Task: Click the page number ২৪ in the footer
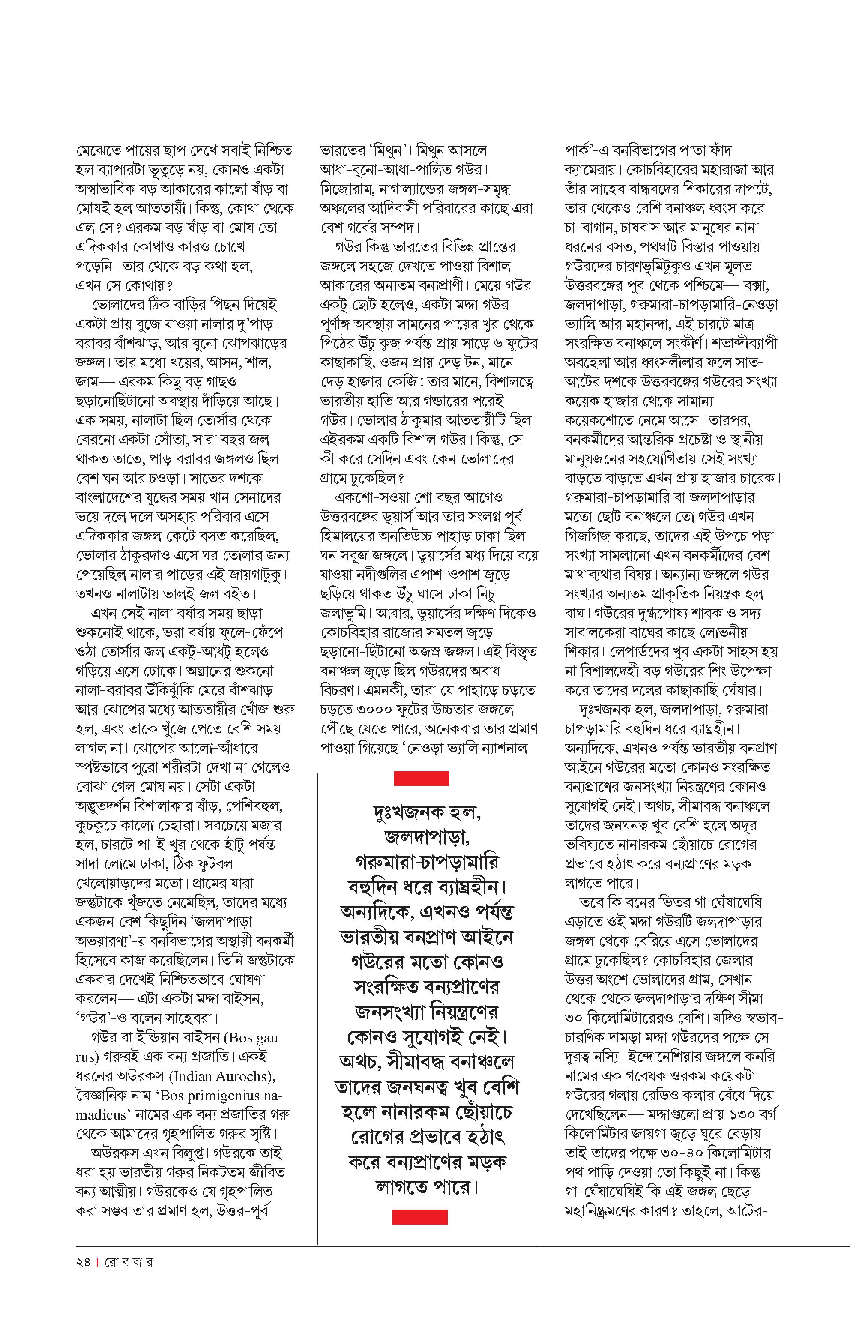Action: [x=82, y=1262]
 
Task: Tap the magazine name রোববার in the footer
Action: [x=129, y=1262]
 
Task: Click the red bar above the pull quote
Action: [x=421, y=779]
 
